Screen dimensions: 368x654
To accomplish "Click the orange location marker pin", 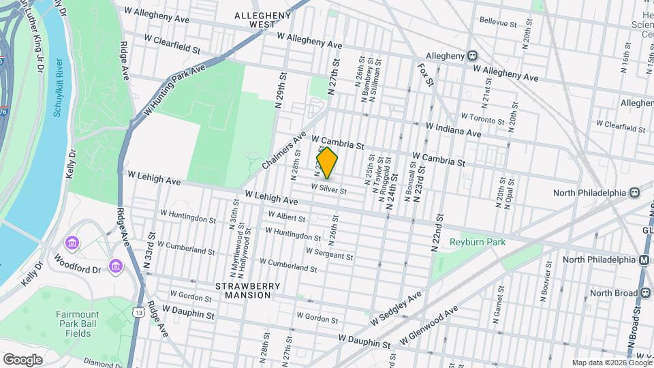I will point(327,163).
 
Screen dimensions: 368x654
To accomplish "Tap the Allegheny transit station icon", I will point(472,56).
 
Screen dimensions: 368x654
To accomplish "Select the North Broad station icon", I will point(644,293).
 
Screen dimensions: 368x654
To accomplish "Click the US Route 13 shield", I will point(139,312).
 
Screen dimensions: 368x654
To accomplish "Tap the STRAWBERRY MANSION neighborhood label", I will point(243,290).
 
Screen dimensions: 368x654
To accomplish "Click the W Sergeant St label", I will point(329,254).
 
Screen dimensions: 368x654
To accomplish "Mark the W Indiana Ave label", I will point(453,129).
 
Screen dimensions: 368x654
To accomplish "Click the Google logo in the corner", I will point(22,359).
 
